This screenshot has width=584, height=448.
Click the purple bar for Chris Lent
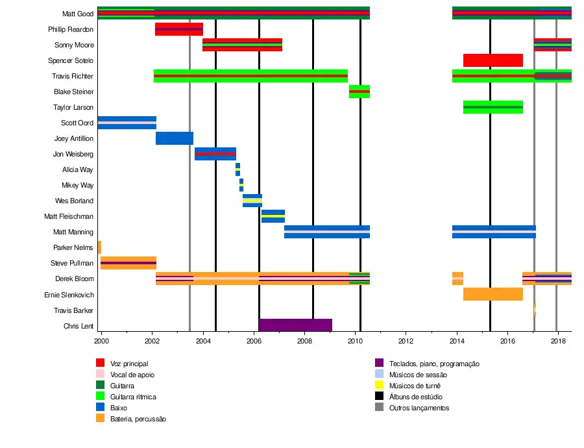tap(295, 325)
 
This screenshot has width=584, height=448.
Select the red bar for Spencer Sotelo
tap(493, 60)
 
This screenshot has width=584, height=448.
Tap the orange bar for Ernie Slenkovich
tap(493, 294)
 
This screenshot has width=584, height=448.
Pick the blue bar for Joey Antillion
tap(174, 138)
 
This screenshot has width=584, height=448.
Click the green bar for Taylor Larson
tap(493, 107)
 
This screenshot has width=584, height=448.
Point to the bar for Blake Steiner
tap(359, 92)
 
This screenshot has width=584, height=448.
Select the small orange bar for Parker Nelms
tap(99, 247)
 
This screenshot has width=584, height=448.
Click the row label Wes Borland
tap(74, 201)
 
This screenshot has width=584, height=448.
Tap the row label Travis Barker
tap(73, 310)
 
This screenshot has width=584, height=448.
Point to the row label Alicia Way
tap(77, 170)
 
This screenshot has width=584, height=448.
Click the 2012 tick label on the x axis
tap(406, 340)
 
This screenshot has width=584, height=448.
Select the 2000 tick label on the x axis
tap(101, 340)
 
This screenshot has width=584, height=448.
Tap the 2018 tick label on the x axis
tap(558, 340)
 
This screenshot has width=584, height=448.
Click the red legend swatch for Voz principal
tap(100, 364)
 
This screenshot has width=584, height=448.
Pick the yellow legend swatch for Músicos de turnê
tap(380, 386)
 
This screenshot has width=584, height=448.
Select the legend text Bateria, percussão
tap(138, 419)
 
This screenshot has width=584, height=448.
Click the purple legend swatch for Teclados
tap(380, 364)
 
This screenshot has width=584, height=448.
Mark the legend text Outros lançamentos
tap(419, 408)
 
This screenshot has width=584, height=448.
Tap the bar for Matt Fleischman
tap(273, 216)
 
